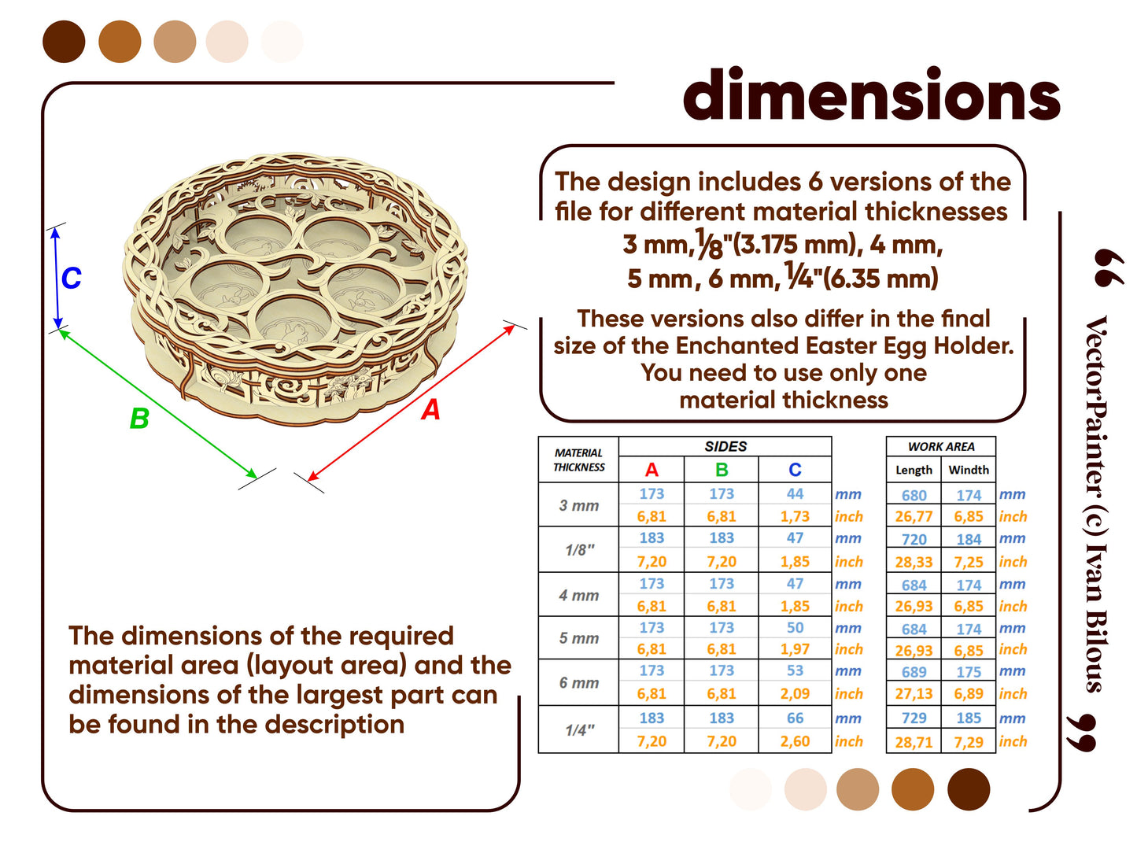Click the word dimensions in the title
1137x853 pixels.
coord(871,94)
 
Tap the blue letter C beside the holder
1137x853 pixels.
coord(71,278)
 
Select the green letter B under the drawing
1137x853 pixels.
coord(139,418)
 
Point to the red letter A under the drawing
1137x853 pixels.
coord(430,410)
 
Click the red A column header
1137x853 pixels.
coord(652,469)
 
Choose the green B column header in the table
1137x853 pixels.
coord(721,469)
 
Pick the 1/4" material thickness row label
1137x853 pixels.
coord(579,729)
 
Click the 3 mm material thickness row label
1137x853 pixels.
coord(578,505)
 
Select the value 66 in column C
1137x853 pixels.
coord(795,718)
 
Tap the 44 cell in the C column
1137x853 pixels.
coord(795,493)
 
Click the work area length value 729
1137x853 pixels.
coord(914,718)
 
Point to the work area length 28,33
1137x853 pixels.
coord(914,562)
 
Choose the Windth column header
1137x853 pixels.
coord(968,469)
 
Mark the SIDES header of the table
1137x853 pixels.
coord(725,446)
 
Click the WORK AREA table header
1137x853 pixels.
coord(940,446)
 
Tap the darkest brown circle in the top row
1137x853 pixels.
coord(64,42)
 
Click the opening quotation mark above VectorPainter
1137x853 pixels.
coord(1108,268)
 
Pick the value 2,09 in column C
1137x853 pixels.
coord(795,693)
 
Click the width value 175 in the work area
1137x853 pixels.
coord(968,671)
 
